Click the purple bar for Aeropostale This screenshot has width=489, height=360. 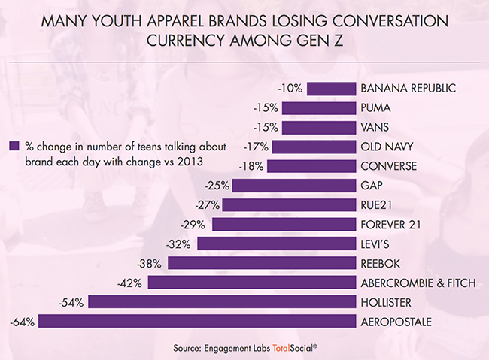point(196,322)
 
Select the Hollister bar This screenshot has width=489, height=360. point(222,302)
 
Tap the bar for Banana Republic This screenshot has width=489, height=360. point(330,88)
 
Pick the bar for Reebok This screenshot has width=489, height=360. point(261,263)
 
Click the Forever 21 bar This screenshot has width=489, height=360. point(283,224)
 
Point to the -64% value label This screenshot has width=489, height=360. point(23,322)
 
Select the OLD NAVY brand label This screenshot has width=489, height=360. point(387,147)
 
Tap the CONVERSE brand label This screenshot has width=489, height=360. point(389,166)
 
